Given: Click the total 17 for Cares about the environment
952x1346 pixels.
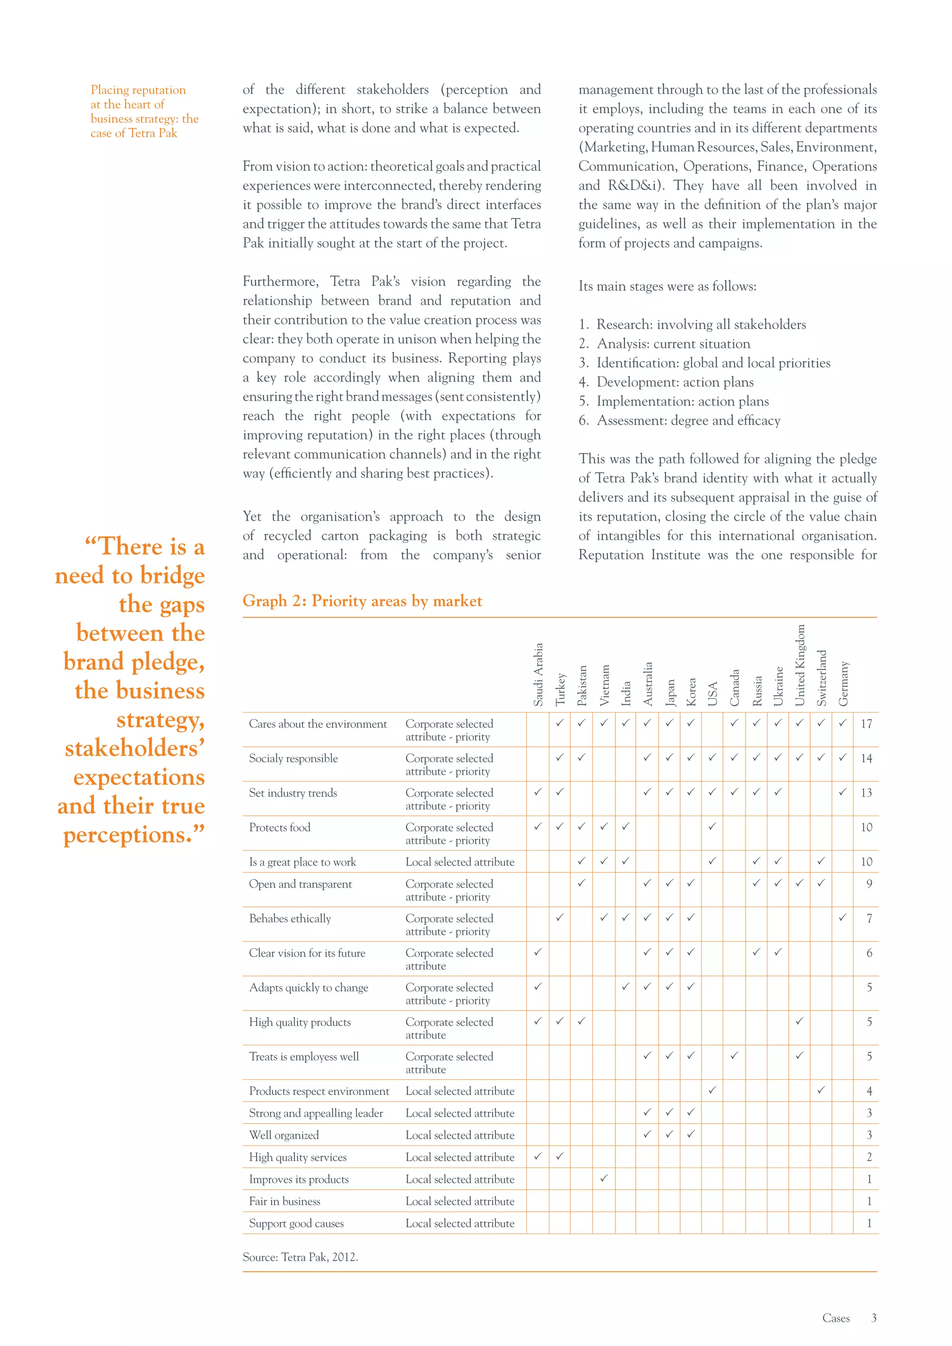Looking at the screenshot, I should coord(866,724).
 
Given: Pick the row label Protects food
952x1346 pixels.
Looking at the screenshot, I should coord(280,827).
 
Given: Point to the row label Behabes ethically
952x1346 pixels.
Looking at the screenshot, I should coord(290,918).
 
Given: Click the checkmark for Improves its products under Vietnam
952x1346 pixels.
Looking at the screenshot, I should coord(604,1177).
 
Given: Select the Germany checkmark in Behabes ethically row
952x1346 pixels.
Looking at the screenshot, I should coord(842,917).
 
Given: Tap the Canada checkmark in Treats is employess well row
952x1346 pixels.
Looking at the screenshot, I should coord(734,1055).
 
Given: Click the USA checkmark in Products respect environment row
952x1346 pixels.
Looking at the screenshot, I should coord(712,1090).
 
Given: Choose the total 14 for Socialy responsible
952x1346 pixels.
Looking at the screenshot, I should coord(866,759).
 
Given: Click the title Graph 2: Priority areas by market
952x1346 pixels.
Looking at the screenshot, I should coord(362,601).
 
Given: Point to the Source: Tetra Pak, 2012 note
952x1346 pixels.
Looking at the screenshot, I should coord(300,1257).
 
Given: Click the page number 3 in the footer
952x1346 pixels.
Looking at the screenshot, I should coord(873,1318).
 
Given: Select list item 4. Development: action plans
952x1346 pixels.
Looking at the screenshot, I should coord(666,382).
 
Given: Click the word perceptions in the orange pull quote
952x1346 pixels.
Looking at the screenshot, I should coord(126,835).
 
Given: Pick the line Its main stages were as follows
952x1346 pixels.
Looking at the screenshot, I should coord(667,286).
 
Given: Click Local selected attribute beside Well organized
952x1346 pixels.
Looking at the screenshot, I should coord(460,1135).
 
